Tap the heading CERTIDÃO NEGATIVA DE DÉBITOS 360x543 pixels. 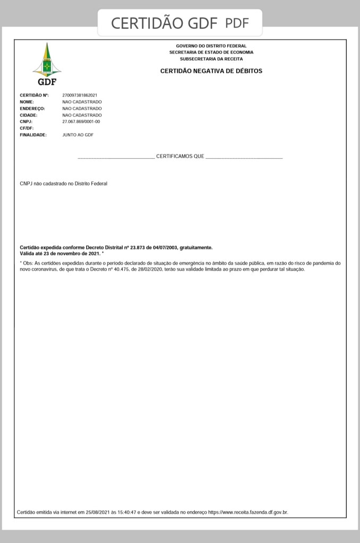[211, 71]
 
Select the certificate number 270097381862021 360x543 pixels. [80, 95]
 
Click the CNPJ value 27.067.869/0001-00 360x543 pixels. [81, 122]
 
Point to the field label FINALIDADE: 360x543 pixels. [33, 135]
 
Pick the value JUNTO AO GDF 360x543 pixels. [78, 135]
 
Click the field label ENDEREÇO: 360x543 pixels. [32, 108]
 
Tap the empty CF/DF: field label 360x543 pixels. [27, 128]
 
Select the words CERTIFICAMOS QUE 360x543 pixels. [180, 157]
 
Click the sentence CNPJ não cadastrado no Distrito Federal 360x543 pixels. [63, 184]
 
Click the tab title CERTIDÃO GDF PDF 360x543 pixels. [179, 23]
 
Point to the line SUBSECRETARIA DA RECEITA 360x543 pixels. [211, 59]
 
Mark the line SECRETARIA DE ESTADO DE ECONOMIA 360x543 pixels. [211, 53]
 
